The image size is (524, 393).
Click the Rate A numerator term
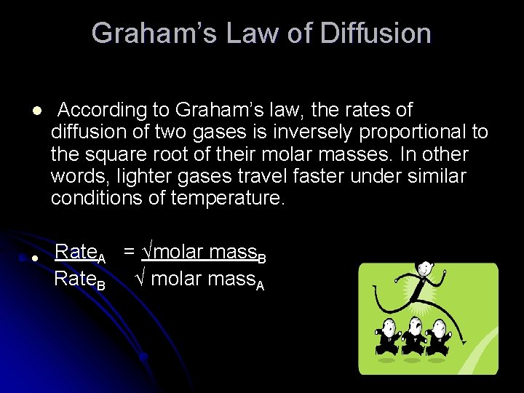[80, 253]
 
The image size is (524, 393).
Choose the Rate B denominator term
[80, 279]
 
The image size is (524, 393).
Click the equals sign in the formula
[128, 253]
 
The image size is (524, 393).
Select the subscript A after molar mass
[260, 285]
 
